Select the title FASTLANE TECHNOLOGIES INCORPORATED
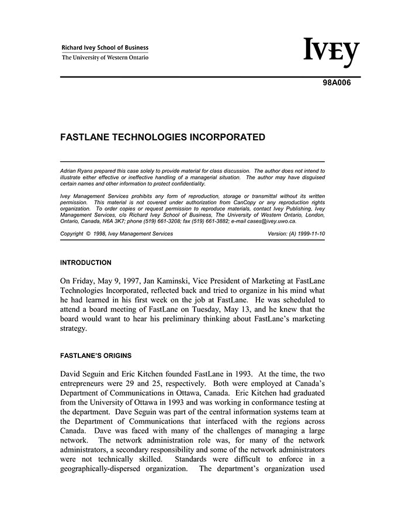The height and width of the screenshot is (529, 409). pos(163,138)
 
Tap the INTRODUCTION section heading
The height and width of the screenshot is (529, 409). pos(86,263)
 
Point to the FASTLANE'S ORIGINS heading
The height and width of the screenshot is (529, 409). pos(96,356)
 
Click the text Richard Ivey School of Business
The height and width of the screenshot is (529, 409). pos(105,48)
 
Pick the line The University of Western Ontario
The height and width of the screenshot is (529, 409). pos(105,57)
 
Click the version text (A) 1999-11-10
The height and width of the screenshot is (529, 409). pos(307,234)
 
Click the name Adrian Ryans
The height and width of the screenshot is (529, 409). pos(77,170)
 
